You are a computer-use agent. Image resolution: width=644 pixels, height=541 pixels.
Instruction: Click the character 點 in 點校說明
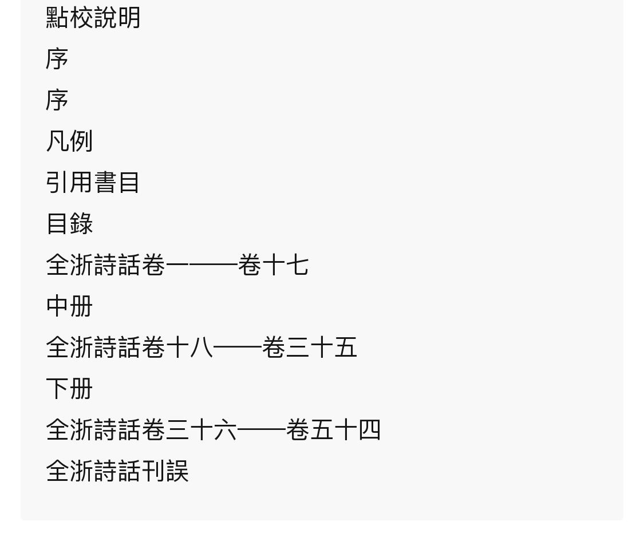tap(57, 18)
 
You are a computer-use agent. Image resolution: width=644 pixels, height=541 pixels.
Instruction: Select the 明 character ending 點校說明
tap(129, 18)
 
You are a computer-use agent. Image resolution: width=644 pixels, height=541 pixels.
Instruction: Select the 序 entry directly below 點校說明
tap(57, 59)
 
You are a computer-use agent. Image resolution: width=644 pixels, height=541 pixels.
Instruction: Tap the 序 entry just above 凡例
tap(57, 100)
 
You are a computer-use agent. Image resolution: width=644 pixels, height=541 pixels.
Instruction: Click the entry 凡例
tap(69, 141)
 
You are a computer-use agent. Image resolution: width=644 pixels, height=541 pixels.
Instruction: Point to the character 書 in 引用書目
tap(105, 183)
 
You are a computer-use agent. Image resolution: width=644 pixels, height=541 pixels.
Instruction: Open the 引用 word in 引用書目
tap(69, 183)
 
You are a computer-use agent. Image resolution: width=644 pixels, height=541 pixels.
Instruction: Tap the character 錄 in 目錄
tap(81, 223)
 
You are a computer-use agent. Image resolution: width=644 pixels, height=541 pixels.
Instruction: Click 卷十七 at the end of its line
tap(273, 265)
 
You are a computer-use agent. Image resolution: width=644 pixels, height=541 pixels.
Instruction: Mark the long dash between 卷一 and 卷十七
tap(214, 265)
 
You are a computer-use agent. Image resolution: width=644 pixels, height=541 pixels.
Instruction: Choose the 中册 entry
tap(69, 306)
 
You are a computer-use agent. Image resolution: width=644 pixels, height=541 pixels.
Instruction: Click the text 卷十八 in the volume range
tap(177, 347)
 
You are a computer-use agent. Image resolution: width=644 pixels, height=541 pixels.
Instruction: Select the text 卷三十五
tap(309, 347)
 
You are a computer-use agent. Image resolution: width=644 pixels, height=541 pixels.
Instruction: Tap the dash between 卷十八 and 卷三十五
tap(238, 347)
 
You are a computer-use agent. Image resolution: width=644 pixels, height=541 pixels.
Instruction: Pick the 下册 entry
tap(69, 388)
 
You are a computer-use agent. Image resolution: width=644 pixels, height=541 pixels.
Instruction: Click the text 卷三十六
tap(189, 430)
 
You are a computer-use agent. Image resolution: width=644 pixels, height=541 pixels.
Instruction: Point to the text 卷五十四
tap(333, 430)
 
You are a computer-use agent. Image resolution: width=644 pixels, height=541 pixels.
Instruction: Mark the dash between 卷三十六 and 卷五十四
tap(261, 430)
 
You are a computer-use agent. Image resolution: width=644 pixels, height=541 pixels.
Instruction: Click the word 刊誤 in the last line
tap(165, 471)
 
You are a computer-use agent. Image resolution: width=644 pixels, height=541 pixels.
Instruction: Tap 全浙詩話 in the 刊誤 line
tap(93, 471)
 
